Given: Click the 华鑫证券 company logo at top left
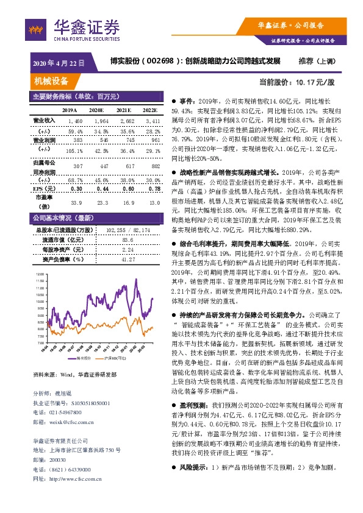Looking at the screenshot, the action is [x=77, y=29].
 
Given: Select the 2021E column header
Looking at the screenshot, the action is [x=124, y=110].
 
